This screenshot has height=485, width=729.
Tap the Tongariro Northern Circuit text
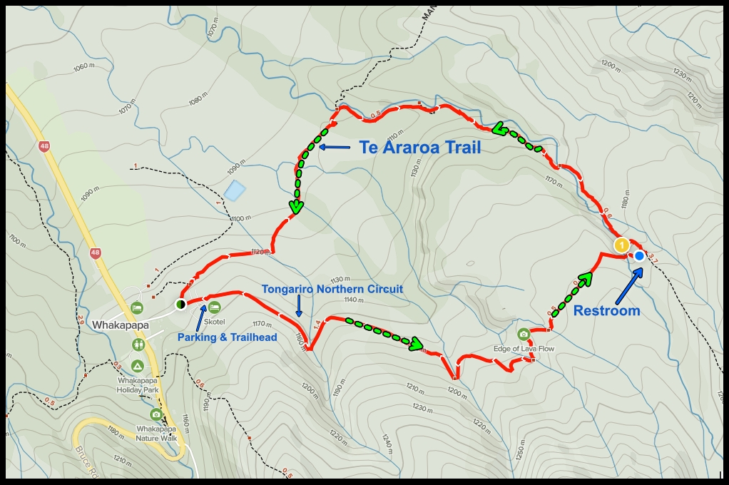click(332, 289)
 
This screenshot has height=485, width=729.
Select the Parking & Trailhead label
click(227, 337)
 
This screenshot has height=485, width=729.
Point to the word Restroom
click(606, 311)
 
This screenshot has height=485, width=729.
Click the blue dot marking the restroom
click(639, 255)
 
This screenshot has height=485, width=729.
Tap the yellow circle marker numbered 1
click(621, 245)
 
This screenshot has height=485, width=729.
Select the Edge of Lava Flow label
click(524, 349)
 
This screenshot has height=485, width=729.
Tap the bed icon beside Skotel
click(214, 307)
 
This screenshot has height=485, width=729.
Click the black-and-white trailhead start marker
click(181, 305)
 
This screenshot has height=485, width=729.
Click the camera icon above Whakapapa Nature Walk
click(156, 414)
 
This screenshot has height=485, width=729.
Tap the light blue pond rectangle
click(234, 190)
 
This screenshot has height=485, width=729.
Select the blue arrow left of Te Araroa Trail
click(335, 148)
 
